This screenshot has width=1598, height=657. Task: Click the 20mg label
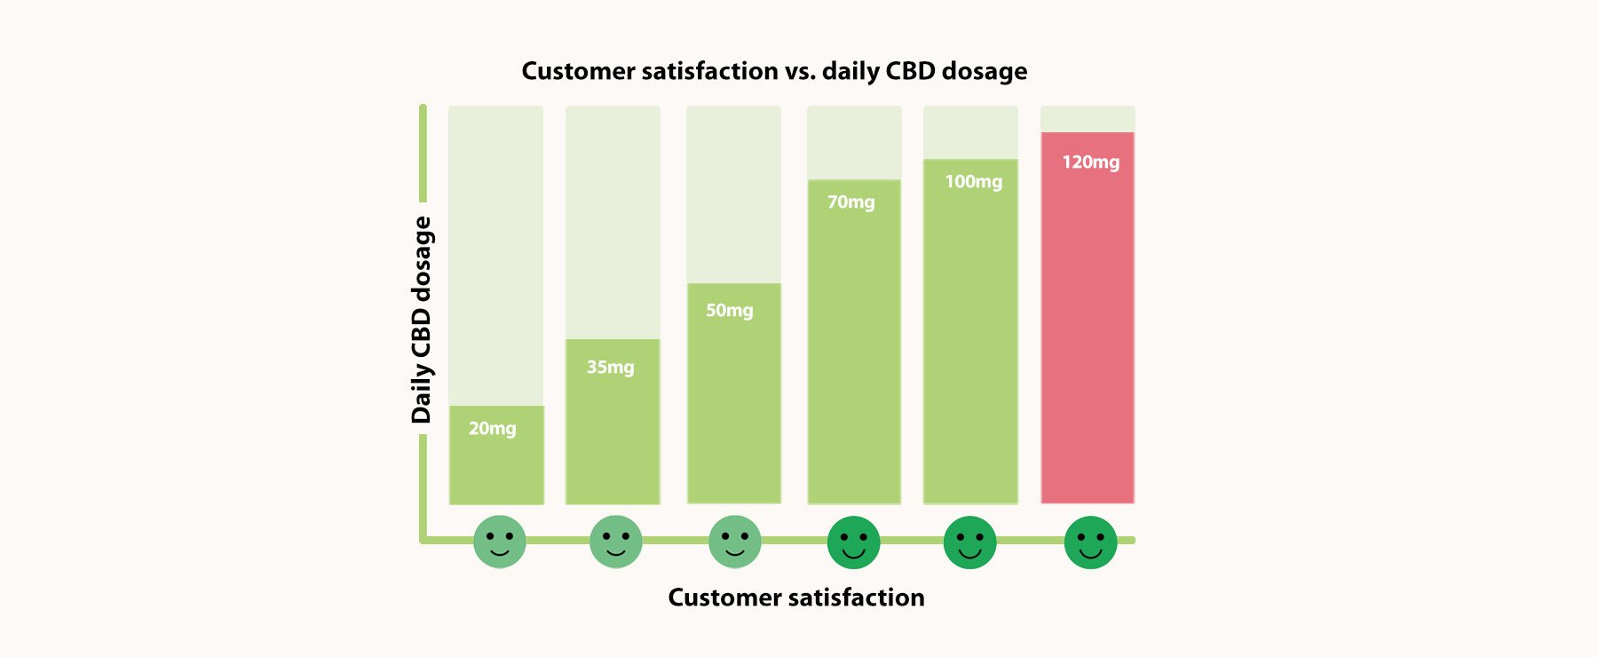pos(492,428)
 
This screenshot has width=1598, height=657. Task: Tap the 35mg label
pos(610,367)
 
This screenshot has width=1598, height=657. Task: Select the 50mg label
pos(729,311)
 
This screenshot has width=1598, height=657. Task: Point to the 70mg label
pos(850,202)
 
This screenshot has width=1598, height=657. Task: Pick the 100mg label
pos(973,182)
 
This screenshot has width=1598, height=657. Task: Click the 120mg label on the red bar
pos(1090,162)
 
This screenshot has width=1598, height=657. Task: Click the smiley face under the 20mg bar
pos(499,542)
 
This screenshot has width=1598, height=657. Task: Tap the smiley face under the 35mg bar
pos(615,542)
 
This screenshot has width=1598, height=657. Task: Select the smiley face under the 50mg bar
pos(734,542)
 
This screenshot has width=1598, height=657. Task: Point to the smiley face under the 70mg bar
pos(853,542)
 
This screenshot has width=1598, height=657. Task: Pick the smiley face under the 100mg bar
pos(969,542)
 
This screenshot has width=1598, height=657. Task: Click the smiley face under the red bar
pos(1090,542)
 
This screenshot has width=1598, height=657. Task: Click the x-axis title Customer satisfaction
pos(795,598)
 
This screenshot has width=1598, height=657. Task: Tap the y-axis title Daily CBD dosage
pos(422,320)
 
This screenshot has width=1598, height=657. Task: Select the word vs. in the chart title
pos(800,71)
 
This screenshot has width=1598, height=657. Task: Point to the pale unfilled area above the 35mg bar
pos(613,222)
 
